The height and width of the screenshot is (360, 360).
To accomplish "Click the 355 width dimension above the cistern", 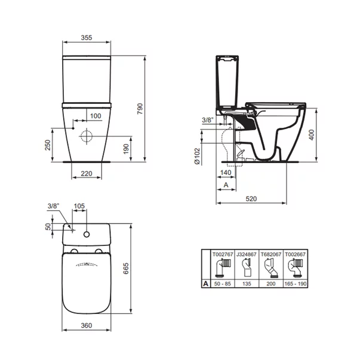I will (86, 38).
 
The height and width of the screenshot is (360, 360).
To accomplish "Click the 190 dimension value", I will (126, 149).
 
